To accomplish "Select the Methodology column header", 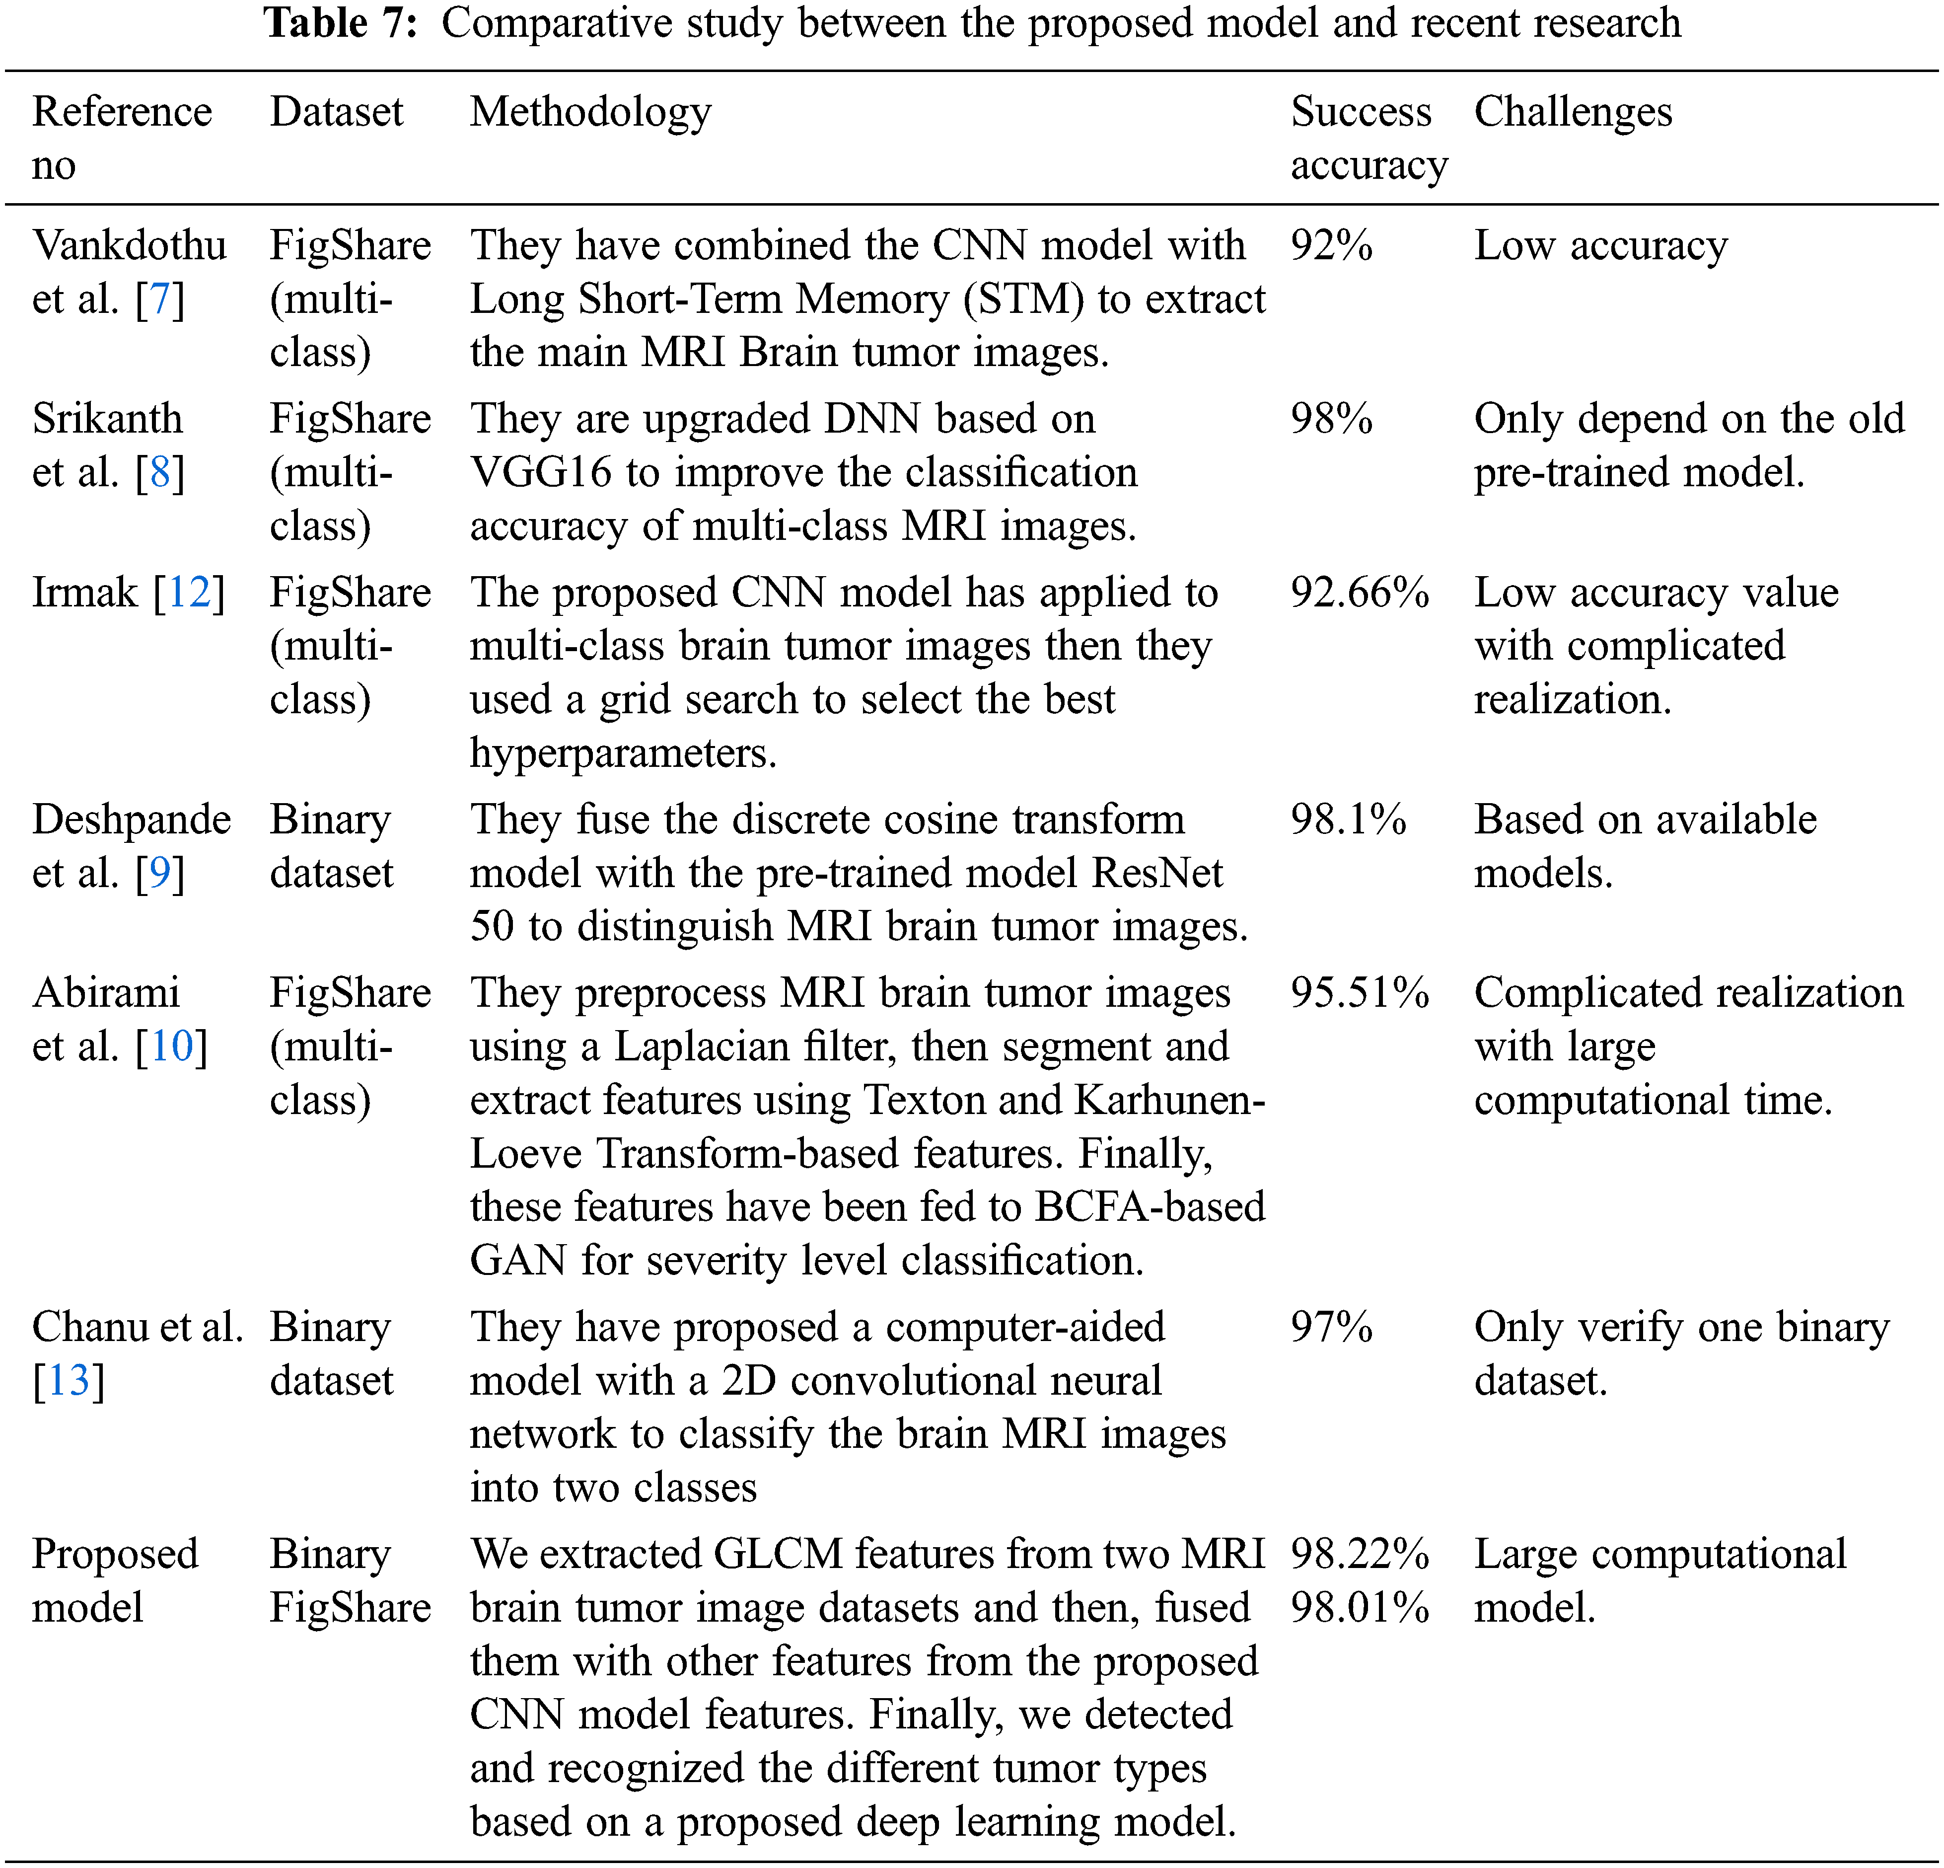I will (590, 112).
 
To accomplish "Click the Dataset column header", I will (336, 112).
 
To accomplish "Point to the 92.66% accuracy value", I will (1359, 592).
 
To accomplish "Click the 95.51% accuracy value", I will (1359, 993).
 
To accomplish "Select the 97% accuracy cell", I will (1331, 1327).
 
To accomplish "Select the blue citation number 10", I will (172, 1046).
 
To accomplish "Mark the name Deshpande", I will (131, 820).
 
